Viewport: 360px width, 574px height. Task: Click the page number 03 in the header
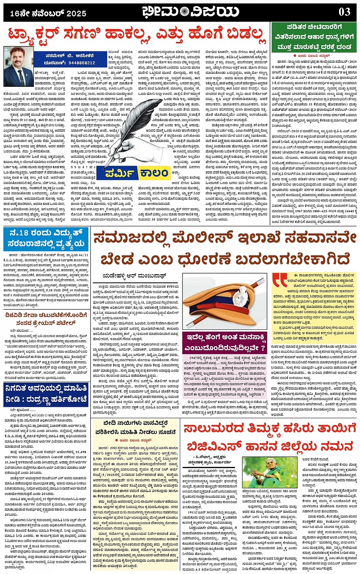[x=344, y=12]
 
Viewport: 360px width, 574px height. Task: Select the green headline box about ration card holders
[x=314, y=37]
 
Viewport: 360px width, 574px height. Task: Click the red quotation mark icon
[x=280, y=280]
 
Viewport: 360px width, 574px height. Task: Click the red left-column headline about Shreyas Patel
[x=46, y=319]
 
